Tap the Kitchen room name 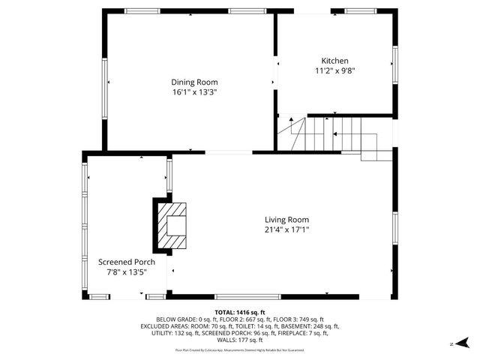(x=334, y=61)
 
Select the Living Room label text (x=286, y=220)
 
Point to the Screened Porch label (x=127, y=262)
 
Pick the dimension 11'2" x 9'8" (x=334, y=71)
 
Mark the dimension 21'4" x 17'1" (x=286, y=230)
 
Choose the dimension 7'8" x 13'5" (x=127, y=272)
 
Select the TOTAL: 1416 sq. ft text (x=239, y=311)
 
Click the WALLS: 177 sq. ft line (x=239, y=341)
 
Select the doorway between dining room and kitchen (x=275, y=73)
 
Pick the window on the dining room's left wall (x=104, y=82)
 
